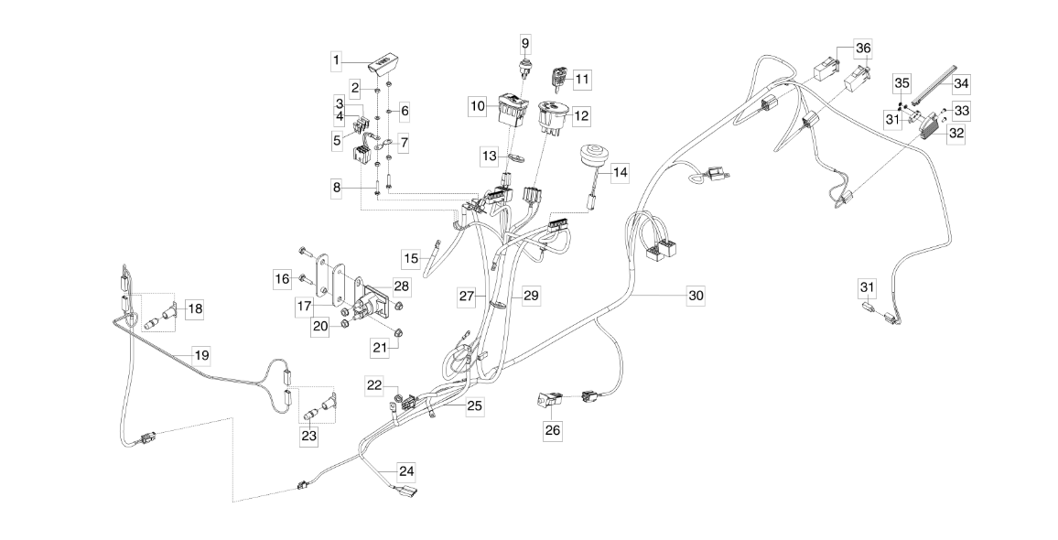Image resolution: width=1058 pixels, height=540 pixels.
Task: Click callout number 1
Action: (337, 60)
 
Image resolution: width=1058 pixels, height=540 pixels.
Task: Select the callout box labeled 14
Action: (621, 171)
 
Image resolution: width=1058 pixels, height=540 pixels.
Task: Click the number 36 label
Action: (863, 48)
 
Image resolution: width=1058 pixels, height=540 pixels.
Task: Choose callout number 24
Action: (406, 471)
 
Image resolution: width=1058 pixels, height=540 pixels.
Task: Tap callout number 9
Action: (525, 42)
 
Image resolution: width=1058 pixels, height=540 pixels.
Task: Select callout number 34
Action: (960, 82)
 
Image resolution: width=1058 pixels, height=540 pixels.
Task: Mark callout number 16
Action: (283, 276)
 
